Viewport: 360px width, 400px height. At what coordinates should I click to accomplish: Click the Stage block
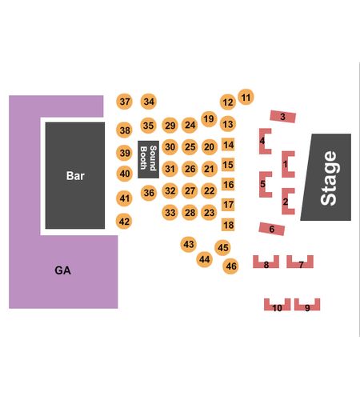(x=326, y=178)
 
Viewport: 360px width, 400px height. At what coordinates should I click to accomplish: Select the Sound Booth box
(x=148, y=159)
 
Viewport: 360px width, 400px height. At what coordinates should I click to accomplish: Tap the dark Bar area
(x=75, y=175)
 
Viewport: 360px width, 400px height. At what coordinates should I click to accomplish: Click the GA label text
(x=62, y=270)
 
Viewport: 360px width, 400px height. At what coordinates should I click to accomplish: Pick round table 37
(x=125, y=102)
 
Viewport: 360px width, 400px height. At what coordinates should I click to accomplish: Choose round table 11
(x=246, y=97)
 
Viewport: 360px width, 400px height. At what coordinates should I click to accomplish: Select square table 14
(x=228, y=145)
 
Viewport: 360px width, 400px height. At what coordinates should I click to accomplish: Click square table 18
(x=228, y=225)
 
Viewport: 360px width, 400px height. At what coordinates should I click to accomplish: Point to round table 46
(x=231, y=266)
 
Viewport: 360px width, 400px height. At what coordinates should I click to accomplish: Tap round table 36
(x=149, y=193)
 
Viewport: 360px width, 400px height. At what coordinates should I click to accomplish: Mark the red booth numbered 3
(x=282, y=117)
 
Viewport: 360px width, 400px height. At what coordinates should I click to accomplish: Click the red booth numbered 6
(x=272, y=229)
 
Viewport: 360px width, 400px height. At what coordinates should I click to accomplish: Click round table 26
(x=190, y=169)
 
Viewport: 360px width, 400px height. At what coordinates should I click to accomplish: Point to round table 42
(x=124, y=222)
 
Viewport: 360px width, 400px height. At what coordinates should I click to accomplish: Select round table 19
(x=209, y=119)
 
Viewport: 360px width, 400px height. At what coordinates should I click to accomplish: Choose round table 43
(x=189, y=244)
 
